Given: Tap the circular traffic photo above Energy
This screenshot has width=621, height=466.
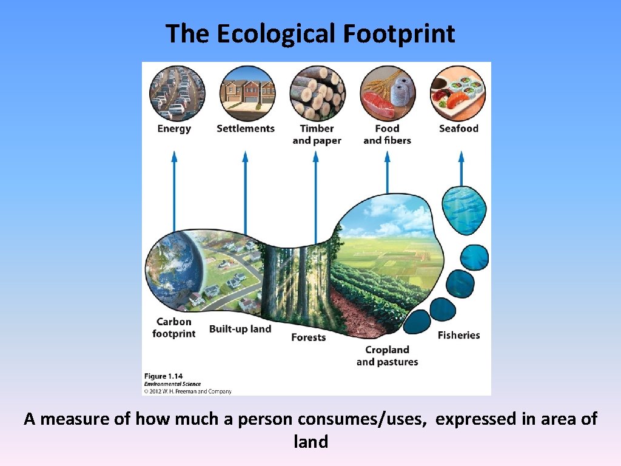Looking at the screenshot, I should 177,93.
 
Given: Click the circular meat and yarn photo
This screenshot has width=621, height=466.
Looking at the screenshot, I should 388,93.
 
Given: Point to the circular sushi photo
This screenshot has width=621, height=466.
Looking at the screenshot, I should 458,93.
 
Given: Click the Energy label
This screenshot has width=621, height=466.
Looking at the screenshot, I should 174,129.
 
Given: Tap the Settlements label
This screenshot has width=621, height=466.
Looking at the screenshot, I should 246,129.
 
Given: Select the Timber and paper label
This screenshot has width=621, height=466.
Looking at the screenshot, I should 317,135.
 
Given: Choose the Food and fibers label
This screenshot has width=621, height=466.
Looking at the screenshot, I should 387,135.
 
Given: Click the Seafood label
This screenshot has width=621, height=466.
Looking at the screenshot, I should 458,129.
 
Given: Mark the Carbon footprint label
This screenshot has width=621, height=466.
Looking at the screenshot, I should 174,328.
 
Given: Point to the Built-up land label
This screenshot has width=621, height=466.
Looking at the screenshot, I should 240,329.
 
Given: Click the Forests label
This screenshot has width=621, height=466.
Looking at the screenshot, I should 308,337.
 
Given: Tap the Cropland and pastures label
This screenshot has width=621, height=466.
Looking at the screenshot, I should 387,356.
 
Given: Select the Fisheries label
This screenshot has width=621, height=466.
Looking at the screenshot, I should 458,335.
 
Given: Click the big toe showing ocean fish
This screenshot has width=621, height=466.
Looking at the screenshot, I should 464,210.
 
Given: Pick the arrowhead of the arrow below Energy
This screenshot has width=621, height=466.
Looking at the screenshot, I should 174,157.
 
